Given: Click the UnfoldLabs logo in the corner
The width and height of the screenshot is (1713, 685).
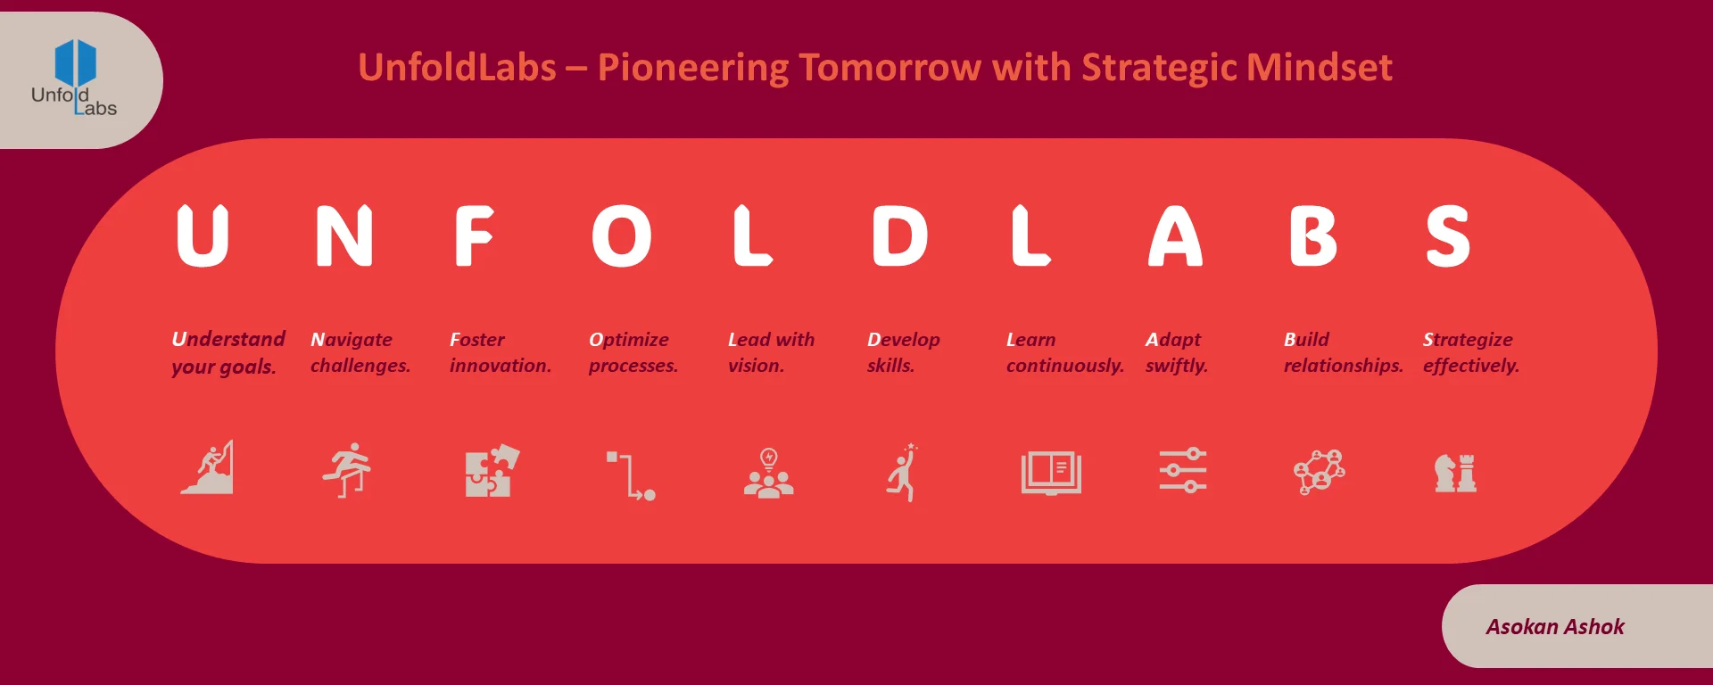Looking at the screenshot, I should coord(75,78).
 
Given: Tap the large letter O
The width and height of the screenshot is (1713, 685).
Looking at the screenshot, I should coord(622,236).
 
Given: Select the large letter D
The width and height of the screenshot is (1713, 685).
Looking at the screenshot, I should coord(899,236).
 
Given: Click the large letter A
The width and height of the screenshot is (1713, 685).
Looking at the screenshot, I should coord(1175,236).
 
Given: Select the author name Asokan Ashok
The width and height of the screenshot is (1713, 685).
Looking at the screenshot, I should coord(1554,627).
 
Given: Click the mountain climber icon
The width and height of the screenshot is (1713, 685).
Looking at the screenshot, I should coord(209,468).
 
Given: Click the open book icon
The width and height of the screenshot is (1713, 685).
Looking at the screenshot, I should coord(1051,472).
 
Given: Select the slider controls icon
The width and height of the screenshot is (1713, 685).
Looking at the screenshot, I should coord(1182,471).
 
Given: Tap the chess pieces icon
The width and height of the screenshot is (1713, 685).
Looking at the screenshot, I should coord(1455,473).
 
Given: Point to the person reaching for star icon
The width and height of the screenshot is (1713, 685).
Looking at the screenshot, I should coord(904,473).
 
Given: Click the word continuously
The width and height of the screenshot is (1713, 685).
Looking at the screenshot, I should coord(1064,366).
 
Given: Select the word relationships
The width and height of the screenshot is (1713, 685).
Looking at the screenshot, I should coord(1343,366).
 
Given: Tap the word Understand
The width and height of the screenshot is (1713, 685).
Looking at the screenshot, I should coord(228,339).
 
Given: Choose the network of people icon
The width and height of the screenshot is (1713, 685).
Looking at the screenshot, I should coord(1319,472).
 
